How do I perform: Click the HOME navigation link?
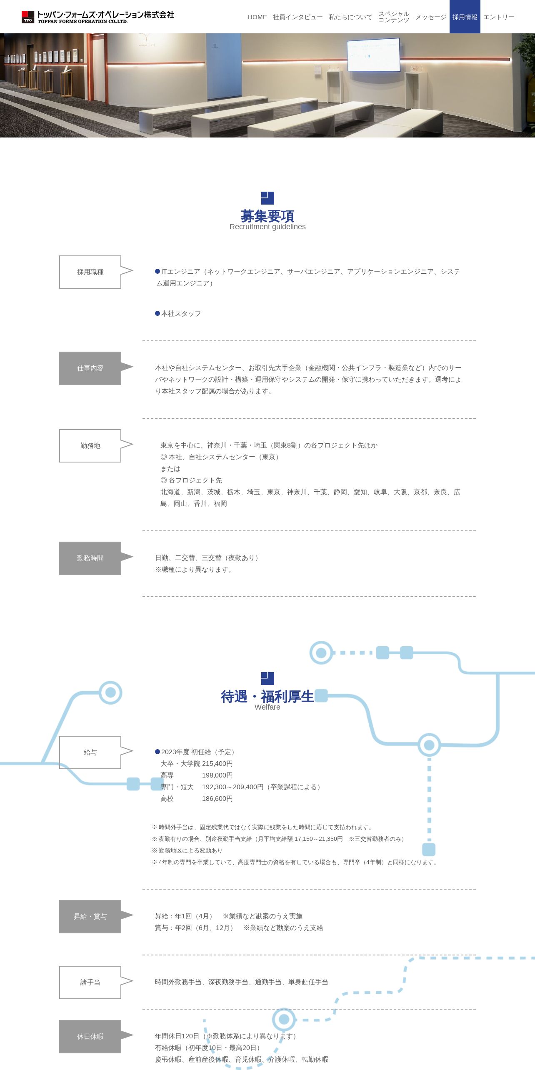coord(257,17)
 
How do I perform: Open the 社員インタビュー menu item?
coord(297,17)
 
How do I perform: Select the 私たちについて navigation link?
coord(350,17)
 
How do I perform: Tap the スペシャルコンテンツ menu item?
coord(394,17)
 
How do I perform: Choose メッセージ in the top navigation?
coord(431,17)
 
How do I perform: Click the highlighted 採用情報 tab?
coord(465,17)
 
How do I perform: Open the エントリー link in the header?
coord(499,17)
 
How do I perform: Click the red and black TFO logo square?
coord(28,17)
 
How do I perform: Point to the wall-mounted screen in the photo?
coord(374,55)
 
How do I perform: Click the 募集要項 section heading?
coord(267,216)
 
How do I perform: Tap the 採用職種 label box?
coord(90,272)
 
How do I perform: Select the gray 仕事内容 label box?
coord(90,368)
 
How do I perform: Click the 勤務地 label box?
coord(90,446)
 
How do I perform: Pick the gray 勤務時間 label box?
coord(90,558)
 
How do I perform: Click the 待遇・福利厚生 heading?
coord(267,696)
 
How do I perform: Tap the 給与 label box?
coord(90,752)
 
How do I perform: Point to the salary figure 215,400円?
coord(217,764)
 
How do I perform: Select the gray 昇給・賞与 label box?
coord(90,917)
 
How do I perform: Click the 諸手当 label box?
coord(90,982)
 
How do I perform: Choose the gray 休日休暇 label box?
coord(90,1037)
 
